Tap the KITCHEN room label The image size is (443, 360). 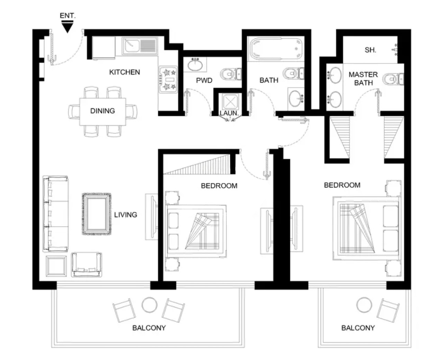click(x=125, y=72)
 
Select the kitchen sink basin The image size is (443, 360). click(x=132, y=46)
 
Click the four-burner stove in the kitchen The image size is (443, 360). click(x=168, y=80)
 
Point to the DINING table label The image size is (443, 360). click(x=102, y=111)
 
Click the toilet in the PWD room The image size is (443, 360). click(x=231, y=74)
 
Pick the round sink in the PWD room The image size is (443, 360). click(x=195, y=65)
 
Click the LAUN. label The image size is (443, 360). click(x=229, y=113)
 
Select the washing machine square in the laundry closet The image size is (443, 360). click(x=230, y=102)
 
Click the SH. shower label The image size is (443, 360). click(x=370, y=50)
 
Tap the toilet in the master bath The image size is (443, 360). click(x=393, y=79)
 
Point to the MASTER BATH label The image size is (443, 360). click(x=363, y=79)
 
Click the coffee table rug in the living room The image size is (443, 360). click(x=97, y=214)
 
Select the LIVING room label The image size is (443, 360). click(x=126, y=215)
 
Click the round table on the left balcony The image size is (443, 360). click(x=149, y=305)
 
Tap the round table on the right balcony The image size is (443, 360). click(x=364, y=305)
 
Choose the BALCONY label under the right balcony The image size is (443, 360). click(x=358, y=328)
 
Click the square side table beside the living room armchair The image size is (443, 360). click(x=56, y=266)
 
